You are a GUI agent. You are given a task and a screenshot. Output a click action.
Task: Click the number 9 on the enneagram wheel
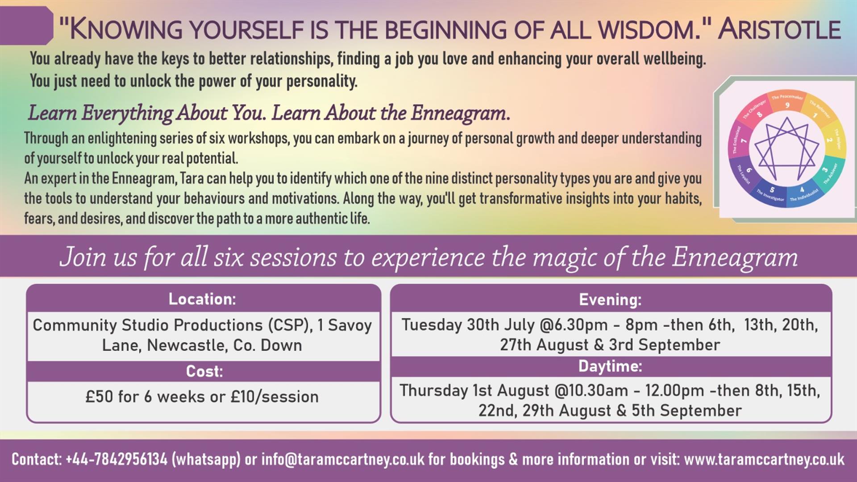[787, 105]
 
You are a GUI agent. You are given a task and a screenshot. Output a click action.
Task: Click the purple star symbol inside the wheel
[787, 147]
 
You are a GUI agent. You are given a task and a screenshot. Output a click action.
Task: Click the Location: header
[202, 299]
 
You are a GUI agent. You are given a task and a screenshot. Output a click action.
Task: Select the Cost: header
[204, 371]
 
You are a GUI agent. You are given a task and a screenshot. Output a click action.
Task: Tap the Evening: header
[610, 299]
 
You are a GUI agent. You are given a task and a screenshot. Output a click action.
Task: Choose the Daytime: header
[610, 366]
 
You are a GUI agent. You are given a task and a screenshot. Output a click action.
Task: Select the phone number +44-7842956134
[116, 459]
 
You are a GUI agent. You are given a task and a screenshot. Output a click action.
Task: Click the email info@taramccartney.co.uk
[343, 459]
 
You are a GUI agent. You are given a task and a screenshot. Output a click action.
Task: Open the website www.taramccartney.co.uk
[764, 459]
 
